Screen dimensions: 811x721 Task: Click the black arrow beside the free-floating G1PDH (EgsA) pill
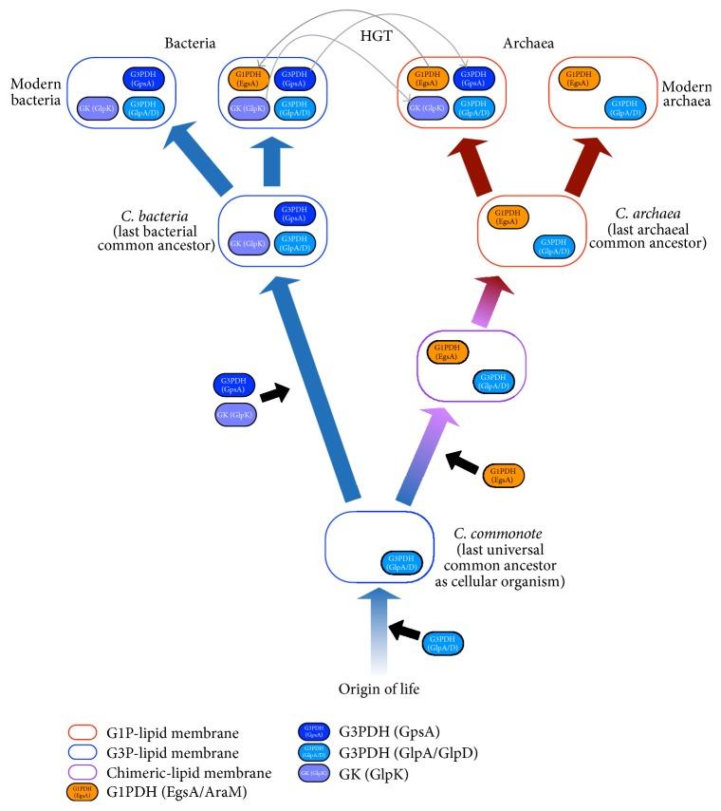(x=462, y=462)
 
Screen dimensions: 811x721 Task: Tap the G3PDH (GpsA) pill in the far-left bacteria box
(x=143, y=79)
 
